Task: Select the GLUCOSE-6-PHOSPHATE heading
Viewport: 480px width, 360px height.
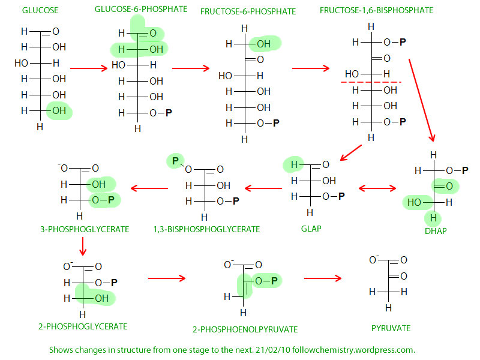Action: pos(141,9)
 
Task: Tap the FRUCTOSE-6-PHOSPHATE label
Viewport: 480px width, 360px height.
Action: pos(248,11)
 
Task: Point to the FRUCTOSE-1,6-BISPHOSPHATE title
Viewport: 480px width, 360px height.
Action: pos(376,10)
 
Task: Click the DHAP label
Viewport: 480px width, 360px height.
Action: pos(435,231)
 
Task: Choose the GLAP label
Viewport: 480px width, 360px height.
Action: pos(311,229)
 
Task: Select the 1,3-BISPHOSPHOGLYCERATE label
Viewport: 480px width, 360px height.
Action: pos(206,229)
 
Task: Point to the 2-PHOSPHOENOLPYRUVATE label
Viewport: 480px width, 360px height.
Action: pos(245,329)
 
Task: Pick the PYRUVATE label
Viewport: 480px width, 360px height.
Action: pos(391,328)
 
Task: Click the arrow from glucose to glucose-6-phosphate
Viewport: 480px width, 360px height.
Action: pos(92,68)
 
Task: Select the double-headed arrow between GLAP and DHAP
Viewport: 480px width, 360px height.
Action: pos(377,188)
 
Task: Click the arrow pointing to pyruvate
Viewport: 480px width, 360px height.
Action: pos(323,278)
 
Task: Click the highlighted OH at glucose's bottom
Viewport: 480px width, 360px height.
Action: pos(59,110)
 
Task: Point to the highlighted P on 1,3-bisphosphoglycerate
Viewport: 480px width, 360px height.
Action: pos(175,160)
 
